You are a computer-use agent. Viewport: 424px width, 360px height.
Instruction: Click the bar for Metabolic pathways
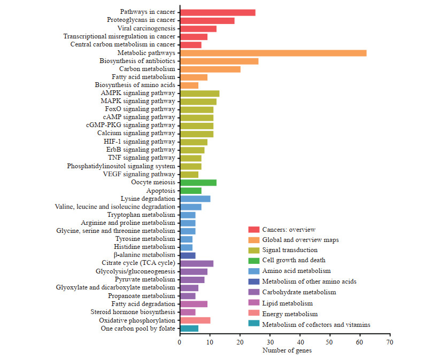[273, 53]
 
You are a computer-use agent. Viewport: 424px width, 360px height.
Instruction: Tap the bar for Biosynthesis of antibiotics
[219, 61]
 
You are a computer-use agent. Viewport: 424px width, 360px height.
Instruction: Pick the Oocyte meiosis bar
[198, 183]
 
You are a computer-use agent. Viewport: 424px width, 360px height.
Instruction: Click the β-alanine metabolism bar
[187, 255]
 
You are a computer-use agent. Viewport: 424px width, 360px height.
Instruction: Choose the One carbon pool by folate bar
[189, 328]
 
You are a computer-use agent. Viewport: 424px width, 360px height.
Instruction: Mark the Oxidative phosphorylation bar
[195, 320]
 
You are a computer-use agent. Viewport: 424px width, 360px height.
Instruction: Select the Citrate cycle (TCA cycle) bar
[196, 263]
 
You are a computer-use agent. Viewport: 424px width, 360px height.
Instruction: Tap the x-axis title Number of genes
[287, 350]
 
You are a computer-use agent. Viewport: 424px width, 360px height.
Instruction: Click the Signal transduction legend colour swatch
[254, 250]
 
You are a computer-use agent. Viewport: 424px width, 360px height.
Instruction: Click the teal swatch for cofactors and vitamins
[254, 324]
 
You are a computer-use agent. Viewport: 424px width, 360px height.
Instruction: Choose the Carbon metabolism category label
[147, 69]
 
